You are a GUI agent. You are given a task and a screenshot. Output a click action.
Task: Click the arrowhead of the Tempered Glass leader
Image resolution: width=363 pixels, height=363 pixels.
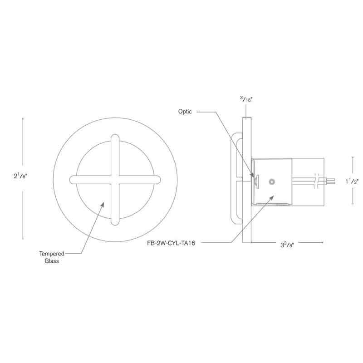(x=104, y=204)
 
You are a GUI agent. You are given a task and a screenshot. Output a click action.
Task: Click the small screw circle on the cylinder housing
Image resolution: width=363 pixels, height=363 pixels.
(x=271, y=181)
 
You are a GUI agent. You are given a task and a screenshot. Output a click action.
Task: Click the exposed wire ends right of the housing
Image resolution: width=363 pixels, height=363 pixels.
(x=332, y=181)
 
